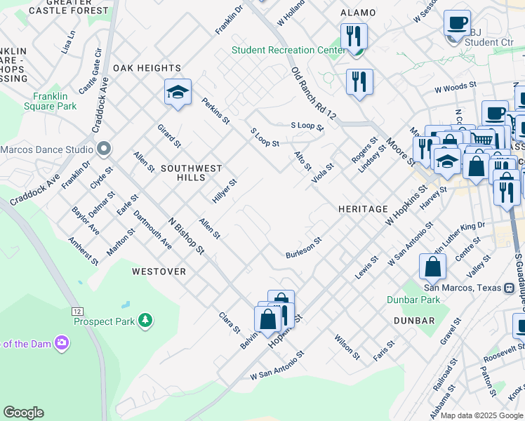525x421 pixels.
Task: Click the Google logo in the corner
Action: [x=23, y=413]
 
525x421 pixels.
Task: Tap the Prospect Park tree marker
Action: [x=145, y=320]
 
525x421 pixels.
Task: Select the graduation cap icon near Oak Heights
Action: [x=178, y=92]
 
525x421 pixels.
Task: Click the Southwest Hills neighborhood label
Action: [x=191, y=168]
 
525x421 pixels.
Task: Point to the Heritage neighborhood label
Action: [x=363, y=209]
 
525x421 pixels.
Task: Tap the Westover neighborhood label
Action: [x=159, y=271]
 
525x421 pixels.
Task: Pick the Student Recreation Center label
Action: [x=288, y=50]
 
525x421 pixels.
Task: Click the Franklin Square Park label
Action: [x=55, y=101]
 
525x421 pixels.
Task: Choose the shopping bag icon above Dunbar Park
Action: [x=433, y=267]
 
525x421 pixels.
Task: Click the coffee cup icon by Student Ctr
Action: [x=457, y=22]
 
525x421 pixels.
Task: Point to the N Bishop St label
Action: [x=185, y=234]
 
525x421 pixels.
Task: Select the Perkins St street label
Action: [x=215, y=110]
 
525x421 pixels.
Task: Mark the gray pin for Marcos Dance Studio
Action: [x=104, y=149]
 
